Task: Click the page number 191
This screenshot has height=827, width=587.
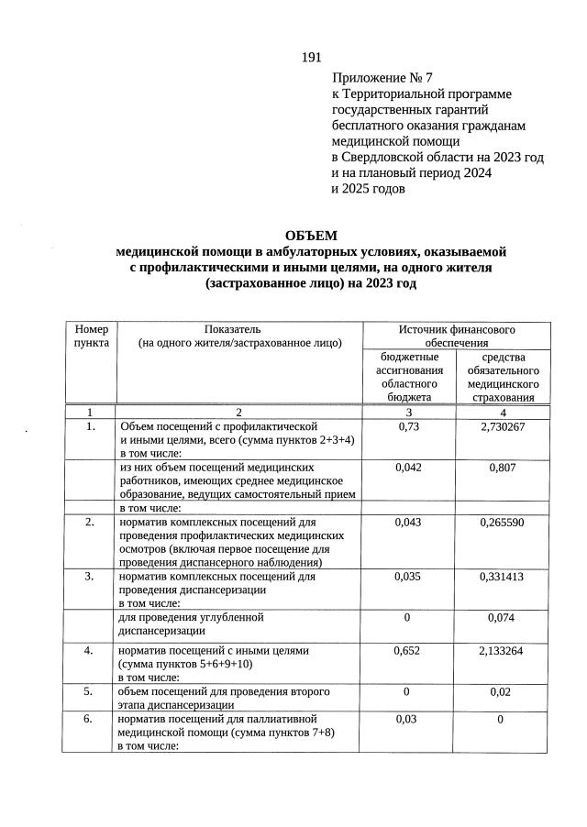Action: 311,58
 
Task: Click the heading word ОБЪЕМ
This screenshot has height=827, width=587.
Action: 311,236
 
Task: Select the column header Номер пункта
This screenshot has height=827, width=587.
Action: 90,336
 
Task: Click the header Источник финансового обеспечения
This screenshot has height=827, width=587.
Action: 457,335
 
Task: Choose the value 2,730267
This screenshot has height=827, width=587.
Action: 503,427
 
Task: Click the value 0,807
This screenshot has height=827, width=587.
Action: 503,467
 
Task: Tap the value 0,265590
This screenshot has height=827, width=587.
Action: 503,522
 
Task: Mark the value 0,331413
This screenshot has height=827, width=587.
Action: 503,577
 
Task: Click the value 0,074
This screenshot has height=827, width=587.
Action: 503,617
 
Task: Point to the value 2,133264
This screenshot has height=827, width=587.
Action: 503,650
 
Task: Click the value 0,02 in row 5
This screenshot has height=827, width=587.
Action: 503,691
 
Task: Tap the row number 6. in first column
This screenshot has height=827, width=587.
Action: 90,720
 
